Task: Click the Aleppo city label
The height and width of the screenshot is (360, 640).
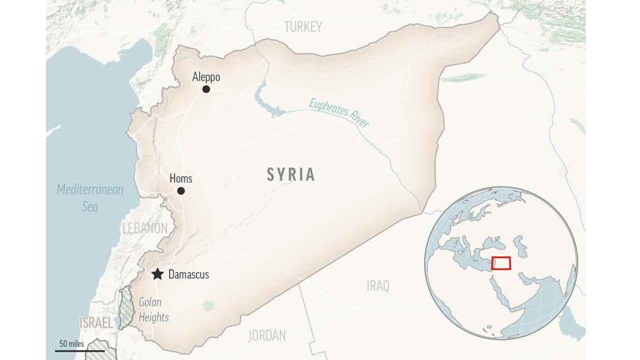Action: (206, 77)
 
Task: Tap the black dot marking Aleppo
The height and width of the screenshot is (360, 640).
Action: (206, 89)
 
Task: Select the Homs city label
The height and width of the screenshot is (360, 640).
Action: (181, 179)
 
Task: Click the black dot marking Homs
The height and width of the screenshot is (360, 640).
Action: (181, 191)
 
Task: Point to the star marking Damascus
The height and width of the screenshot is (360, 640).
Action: (158, 274)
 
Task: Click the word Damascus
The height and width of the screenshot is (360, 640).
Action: (189, 275)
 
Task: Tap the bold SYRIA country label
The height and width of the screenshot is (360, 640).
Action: (291, 175)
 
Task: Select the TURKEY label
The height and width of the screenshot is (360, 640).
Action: (303, 26)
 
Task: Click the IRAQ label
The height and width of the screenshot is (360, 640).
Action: (378, 286)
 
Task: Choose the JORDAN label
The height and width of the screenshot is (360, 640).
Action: (267, 335)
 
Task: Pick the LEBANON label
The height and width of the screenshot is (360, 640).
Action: (144, 228)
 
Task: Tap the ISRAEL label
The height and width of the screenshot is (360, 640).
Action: (95, 323)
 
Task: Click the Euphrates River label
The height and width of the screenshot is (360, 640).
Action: (339, 112)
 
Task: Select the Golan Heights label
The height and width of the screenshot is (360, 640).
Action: (153, 310)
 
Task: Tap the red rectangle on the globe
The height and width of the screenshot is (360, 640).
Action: (501, 263)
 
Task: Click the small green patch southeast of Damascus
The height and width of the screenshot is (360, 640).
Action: (208, 305)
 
